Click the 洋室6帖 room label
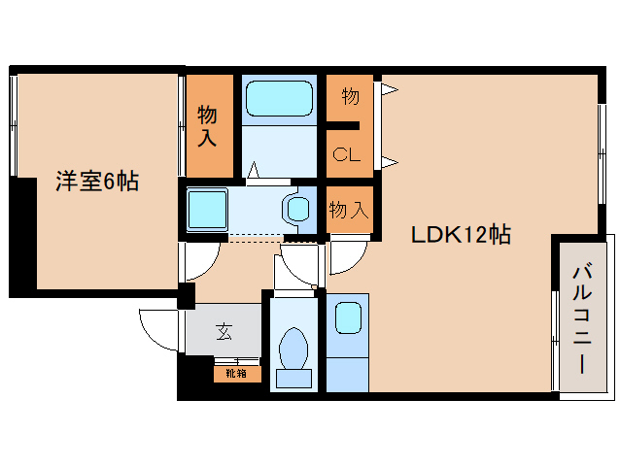click(x=96, y=182)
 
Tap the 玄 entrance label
click(x=224, y=332)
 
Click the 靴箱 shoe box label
click(x=236, y=373)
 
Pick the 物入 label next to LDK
click(x=348, y=209)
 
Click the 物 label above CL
click(x=351, y=97)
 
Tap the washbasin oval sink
click(x=297, y=208)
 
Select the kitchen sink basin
click(x=347, y=317)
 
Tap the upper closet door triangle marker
click(x=390, y=91)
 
